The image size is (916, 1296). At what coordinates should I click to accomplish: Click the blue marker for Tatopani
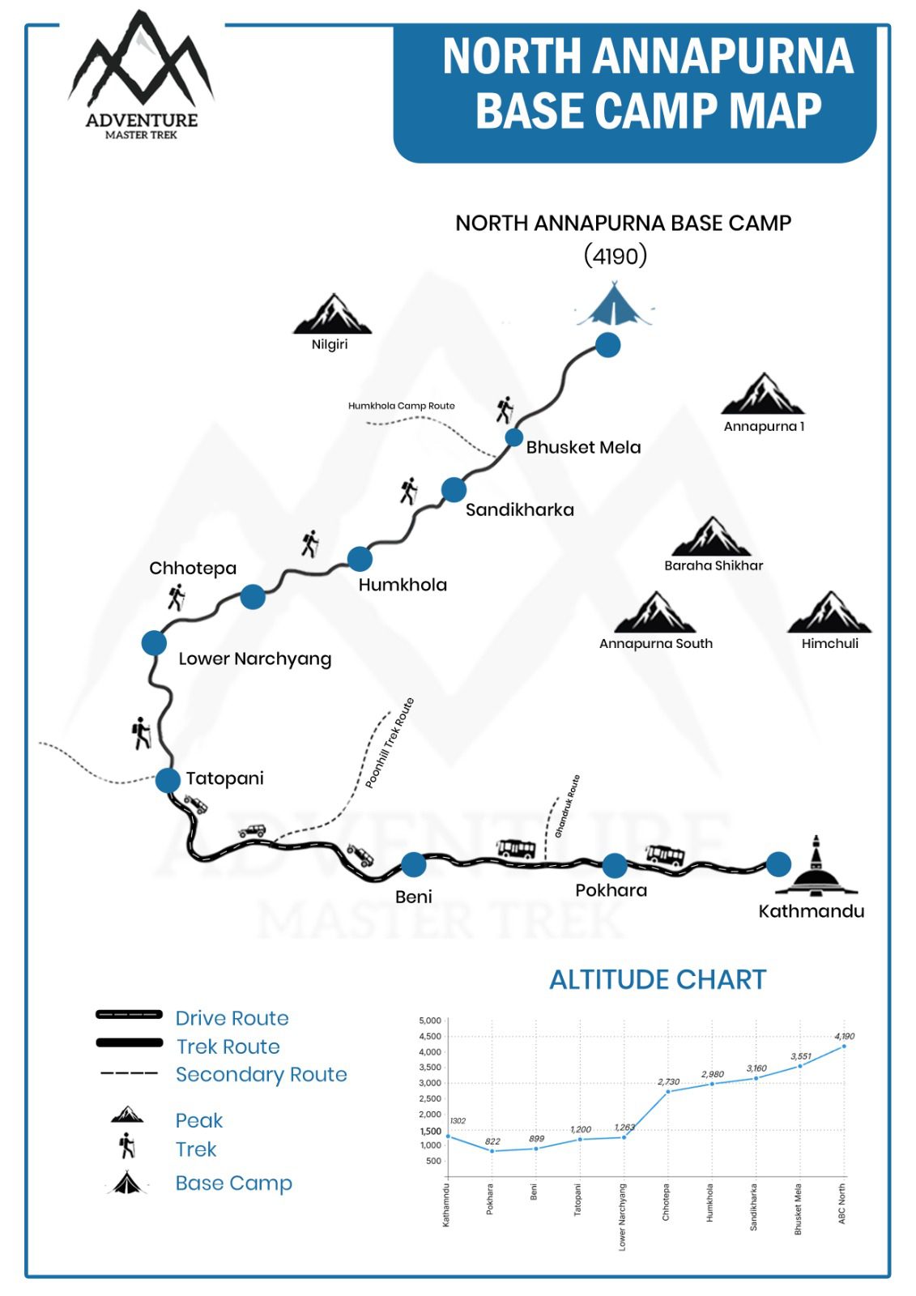(x=168, y=780)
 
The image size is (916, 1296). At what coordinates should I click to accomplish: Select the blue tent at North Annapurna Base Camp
(x=615, y=305)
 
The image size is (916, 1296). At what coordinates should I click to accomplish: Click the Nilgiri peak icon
(x=332, y=315)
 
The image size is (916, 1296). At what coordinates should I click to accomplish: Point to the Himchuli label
(x=829, y=643)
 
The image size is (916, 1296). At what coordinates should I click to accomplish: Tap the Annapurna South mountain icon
(x=655, y=613)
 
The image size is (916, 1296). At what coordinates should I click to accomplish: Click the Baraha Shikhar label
(x=714, y=565)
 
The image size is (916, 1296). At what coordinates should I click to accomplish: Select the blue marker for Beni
(x=414, y=864)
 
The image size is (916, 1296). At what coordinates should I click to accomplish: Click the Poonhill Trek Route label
(x=390, y=743)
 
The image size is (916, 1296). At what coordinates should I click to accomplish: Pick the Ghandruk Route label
(x=568, y=806)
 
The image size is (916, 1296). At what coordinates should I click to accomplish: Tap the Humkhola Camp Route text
(x=402, y=406)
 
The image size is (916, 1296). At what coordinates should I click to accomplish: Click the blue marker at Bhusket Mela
(x=513, y=437)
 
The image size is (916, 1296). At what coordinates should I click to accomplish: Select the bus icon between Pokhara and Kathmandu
(x=665, y=854)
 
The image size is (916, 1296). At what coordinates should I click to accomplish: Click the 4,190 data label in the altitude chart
(x=844, y=1036)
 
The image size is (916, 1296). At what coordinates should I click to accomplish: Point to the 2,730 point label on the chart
(x=668, y=1081)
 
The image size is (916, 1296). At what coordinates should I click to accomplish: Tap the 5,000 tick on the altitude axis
(x=430, y=1021)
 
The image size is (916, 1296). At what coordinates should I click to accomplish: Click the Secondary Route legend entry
(x=261, y=1074)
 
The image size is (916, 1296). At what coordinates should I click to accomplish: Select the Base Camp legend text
(x=233, y=1183)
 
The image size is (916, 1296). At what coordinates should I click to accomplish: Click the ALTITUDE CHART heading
(x=658, y=979)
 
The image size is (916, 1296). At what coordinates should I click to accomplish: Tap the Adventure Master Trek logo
(x=142, y=77)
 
